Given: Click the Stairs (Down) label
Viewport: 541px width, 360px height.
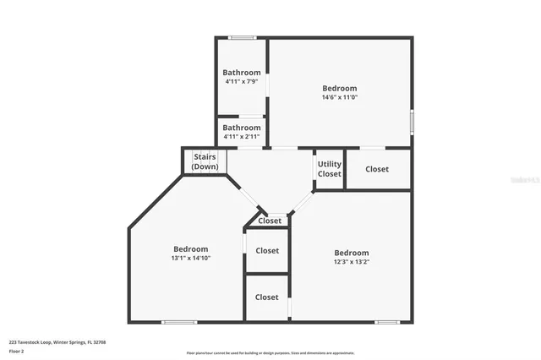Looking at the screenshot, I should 205,161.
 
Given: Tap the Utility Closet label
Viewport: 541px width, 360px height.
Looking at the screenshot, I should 330,169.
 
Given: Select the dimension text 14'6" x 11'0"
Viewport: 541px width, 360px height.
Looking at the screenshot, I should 339,97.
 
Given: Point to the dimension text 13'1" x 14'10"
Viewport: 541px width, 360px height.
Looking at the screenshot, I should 191,258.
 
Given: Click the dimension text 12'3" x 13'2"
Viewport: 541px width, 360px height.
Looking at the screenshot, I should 351,262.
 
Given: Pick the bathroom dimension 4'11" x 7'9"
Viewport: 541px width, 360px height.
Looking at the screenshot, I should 242,81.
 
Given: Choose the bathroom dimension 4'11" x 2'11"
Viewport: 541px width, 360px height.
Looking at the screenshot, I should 242,136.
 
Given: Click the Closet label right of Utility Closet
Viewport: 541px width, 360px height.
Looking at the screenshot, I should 377,169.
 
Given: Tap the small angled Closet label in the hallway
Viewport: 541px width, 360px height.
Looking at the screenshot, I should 270,221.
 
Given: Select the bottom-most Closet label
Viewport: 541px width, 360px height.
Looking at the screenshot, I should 267,297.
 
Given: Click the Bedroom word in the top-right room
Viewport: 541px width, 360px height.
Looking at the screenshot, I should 339,88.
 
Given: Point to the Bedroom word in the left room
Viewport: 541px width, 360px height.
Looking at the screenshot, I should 191,248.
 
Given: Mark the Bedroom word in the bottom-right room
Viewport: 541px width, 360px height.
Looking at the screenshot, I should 351,253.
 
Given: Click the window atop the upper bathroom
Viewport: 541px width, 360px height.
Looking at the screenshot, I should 243,37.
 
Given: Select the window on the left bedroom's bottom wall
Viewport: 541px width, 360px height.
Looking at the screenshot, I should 179,322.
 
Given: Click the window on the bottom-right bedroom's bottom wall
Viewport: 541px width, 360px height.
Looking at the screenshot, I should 387,322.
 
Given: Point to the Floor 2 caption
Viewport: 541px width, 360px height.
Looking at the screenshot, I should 17,351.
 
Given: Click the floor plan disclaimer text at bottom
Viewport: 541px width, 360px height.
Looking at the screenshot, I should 270,353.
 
